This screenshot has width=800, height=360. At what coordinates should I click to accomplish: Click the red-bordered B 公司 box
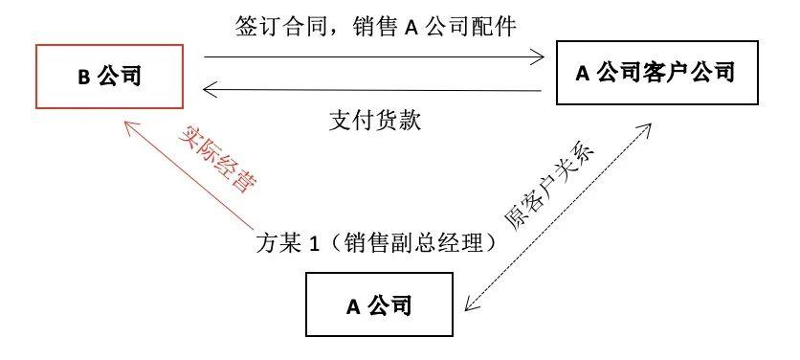(110, 77)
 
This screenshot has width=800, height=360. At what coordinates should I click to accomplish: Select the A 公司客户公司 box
(657, 73)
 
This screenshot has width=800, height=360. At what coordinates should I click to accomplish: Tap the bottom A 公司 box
(379, 304)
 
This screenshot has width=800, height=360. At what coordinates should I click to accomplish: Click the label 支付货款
(375, 121)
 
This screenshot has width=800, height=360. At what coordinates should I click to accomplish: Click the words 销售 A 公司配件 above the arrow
(434, 26)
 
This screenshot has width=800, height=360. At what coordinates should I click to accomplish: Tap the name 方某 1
(288, 243)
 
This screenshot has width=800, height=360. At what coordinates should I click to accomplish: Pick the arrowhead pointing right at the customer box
(537, 57)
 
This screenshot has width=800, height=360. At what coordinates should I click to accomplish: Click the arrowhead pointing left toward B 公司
(211, 89)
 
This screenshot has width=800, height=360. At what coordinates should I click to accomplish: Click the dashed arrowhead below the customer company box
(644, 129)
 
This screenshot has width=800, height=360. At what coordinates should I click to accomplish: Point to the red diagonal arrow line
(189, 175)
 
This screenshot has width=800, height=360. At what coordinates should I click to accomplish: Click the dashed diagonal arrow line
(558, 216)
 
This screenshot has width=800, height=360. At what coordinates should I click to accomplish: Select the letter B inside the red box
(83, 78)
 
